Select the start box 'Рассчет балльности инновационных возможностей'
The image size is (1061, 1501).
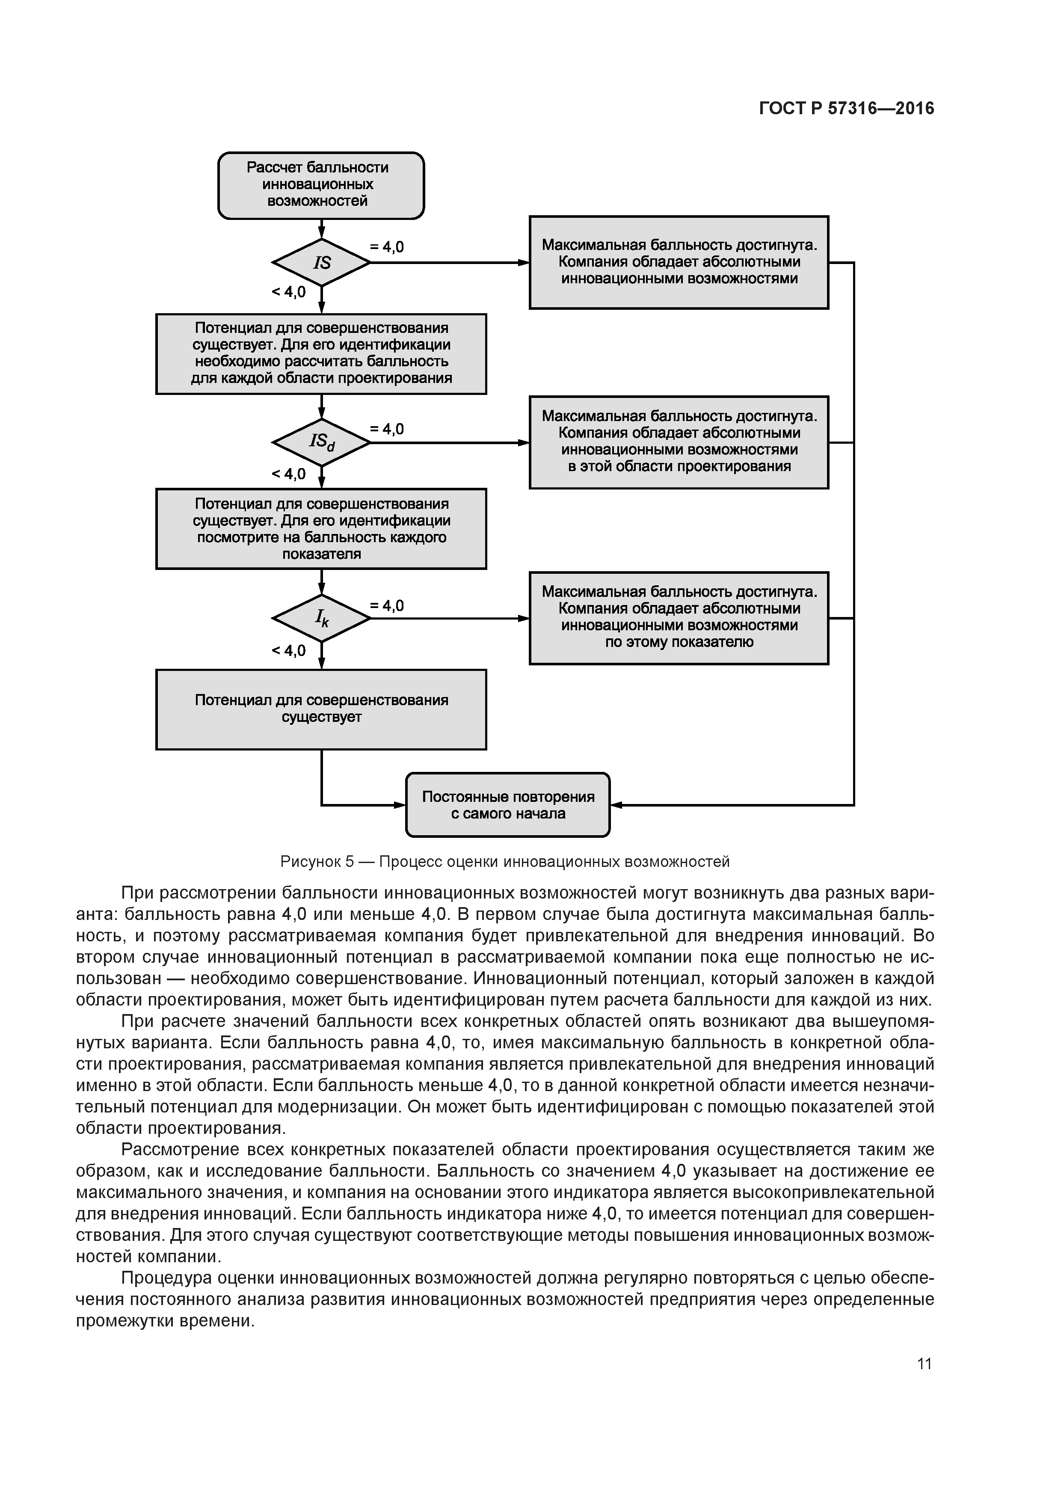320,185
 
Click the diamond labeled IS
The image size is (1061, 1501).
321,262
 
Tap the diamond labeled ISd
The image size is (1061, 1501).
321,442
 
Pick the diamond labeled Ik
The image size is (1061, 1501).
321,618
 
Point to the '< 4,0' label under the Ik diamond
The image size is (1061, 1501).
288,650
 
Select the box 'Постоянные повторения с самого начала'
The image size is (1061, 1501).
507,805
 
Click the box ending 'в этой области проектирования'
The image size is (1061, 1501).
679,442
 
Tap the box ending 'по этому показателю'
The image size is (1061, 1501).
679,618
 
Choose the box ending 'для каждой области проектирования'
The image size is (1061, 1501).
321,354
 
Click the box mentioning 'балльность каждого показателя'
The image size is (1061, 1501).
321,529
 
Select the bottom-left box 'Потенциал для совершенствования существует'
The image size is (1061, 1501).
321,709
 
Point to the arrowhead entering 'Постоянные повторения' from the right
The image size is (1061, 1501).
616,805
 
